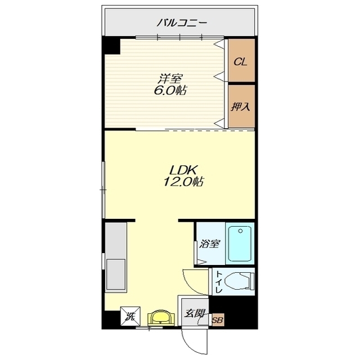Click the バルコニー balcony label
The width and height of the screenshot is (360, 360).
[x=182, y=23]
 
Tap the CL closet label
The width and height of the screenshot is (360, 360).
[x=240, y=62]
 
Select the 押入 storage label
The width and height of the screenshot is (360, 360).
[x=240, y=107]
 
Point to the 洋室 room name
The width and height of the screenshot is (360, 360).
[x=169, y=79]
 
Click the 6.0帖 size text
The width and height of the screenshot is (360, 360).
[x=170, y=90]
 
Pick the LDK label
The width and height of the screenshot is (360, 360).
[x=183, y=170]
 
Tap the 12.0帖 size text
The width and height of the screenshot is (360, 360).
[x=183, y=182]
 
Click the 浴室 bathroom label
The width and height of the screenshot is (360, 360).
[x=210, y=244]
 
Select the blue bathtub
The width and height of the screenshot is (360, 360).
[x=240, y=244]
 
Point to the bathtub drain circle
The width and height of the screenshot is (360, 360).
[x=240, y=231]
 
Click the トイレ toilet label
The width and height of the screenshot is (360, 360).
[x=219, y=282]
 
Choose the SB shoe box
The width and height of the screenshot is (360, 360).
[x=218, y=320]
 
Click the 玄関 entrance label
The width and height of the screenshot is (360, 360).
[x=195, y=313]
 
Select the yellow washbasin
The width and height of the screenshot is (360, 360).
[x=161, y=317]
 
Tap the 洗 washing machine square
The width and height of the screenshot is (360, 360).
[x=130, y=316]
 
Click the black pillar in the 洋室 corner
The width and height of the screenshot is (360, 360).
[x=111, y=46]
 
